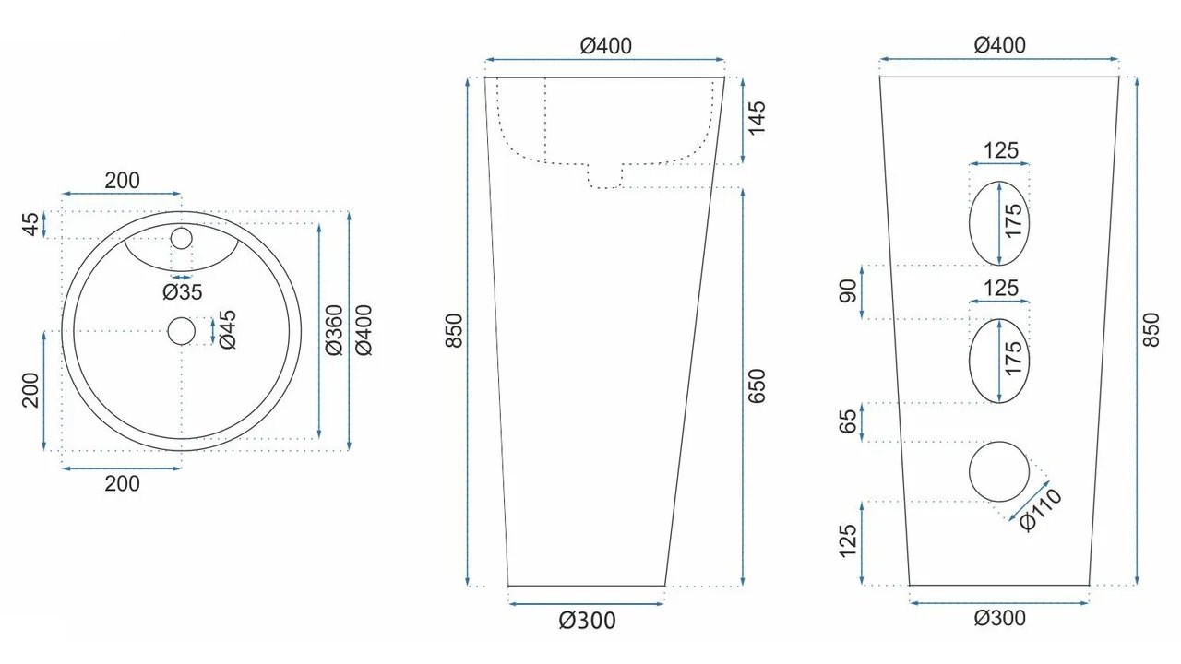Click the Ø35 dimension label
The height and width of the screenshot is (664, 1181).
[x=182, y=292]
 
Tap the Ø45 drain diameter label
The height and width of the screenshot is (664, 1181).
[x=228, y=329]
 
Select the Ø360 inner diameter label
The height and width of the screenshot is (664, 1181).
[x=334, y=330]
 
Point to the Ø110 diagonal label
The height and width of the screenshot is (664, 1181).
[x=1040, y=510]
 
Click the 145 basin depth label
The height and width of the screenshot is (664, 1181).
[x=756, y=118]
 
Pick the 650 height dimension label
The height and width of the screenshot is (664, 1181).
[x=756, y=386]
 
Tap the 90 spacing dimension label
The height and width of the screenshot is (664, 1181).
[x=848, y=291]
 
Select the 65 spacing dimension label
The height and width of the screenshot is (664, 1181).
[x=848, y=421]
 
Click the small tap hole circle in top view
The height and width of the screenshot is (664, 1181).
[x=182, y=238]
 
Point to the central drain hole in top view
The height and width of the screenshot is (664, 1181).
[x=182, y=331]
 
